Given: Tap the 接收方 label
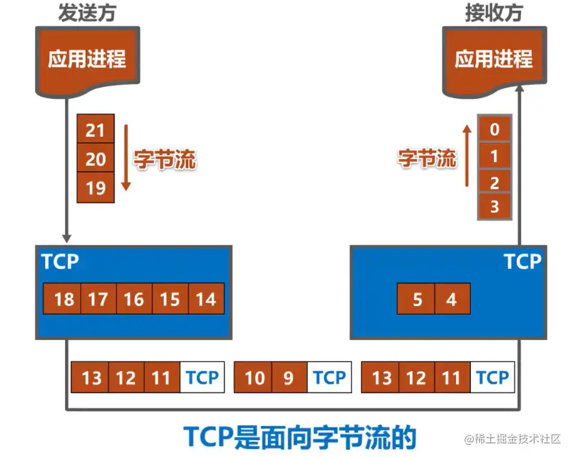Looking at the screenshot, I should point(493,13).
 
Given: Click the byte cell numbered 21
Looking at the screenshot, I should point(95,130).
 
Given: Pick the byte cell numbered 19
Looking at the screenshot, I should point(95,188).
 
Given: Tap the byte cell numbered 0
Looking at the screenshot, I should point(494,129).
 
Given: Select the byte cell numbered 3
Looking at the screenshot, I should point(494,207).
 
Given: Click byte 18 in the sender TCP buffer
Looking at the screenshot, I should point(63,298).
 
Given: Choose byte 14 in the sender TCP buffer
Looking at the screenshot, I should point(206,298).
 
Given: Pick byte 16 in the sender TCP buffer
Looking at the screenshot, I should point(134,298).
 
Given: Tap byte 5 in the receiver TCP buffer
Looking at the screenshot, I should point(416,298).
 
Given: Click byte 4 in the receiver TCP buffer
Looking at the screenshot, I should point(451,298).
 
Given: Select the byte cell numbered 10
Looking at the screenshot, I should point(254,378).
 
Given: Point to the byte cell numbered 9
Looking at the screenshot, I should point(289,378).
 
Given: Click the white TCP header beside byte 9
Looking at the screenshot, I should point(329,378).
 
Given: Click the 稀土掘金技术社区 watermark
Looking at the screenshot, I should point(513,439).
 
